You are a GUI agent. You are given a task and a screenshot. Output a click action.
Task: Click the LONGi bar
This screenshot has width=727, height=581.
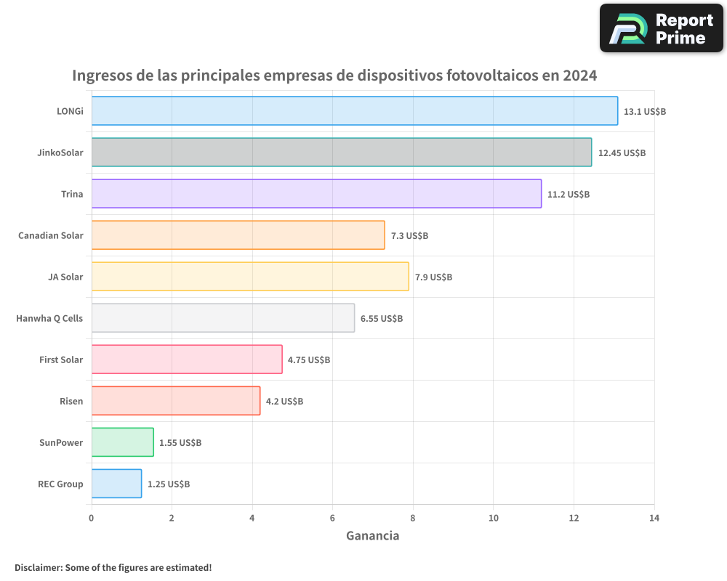[355, 111]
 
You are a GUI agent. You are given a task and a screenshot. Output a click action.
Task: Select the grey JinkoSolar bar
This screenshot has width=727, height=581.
[342, 153]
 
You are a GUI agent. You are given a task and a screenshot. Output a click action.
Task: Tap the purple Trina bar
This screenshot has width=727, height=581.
[316, 194]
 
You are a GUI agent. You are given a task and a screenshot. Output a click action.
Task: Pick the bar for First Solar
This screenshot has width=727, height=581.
[187, 359]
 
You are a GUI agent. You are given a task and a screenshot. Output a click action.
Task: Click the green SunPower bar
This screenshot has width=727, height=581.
[123, 442]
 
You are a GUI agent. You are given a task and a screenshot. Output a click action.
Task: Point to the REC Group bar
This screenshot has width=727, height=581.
[116, 484]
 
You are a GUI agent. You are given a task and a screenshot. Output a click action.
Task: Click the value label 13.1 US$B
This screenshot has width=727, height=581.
[645, 112]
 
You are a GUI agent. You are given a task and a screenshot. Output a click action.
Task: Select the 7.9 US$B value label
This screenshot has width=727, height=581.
[433, 277]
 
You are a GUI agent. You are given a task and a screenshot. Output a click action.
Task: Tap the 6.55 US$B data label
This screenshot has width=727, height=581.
[382, 319]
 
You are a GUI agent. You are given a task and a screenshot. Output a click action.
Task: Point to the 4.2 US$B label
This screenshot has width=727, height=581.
[284, 402]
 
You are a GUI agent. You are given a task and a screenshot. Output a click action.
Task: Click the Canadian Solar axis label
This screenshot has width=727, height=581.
[51, 235]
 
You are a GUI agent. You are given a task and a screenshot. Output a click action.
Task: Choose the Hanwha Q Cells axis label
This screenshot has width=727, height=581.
[49, 318]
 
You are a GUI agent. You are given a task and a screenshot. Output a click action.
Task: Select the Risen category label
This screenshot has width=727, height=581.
[71, 401]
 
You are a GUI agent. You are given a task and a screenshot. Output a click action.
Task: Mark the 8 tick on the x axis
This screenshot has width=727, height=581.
[413, 518]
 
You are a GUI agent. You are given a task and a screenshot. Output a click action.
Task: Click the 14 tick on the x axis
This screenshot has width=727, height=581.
[654, 518]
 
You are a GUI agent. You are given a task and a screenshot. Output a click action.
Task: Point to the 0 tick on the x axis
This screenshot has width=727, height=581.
[92, 518]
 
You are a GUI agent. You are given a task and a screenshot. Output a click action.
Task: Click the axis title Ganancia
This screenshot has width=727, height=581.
[372, 536]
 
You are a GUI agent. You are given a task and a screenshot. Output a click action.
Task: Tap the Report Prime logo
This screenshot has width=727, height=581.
[661, 28]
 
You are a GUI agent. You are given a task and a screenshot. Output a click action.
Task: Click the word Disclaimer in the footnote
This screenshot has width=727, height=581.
[38, 567]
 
